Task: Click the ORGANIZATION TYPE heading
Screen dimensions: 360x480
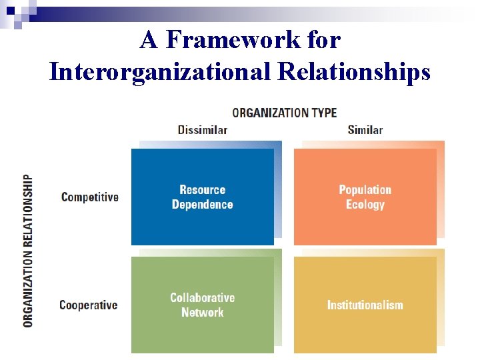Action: click(284, 113)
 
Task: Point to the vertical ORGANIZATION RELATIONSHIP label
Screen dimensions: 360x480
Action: click(28, 251)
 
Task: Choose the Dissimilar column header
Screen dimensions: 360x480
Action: click(203, 129)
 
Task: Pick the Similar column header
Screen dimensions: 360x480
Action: click(365, 129)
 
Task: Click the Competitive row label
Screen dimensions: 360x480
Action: click(89, 197)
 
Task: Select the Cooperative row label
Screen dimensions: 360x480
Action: click(88, 305)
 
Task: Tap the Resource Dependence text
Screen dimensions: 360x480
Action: click(203, 197)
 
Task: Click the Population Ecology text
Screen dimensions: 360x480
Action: click(365, 197)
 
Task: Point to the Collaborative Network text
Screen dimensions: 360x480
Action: click(203, 305)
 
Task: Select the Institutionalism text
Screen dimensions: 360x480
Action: click(365, 305)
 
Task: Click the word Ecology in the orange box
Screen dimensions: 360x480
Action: click(365, 205)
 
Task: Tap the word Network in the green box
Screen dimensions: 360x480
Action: click(203, 312)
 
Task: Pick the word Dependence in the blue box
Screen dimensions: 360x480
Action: click(203, 205)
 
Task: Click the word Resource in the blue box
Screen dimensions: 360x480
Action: click(203, 190)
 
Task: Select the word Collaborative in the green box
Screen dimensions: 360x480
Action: click(203, 297)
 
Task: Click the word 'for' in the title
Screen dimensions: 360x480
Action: click(321, 40)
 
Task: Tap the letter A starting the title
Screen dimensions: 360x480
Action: click(149, 40)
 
